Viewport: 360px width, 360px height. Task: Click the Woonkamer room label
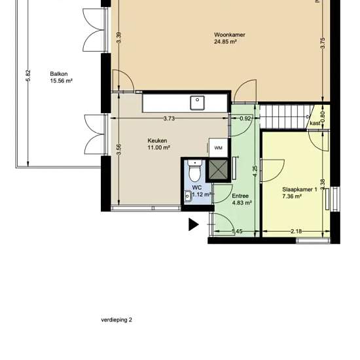tap(230, 35)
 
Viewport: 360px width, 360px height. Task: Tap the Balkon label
tap(59, 74)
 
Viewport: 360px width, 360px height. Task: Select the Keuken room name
tap(157, 141)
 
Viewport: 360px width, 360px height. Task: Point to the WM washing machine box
tap(219, 148)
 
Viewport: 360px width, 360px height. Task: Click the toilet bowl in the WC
tap(194, 171)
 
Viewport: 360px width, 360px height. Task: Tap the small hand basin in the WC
tap(188, 196)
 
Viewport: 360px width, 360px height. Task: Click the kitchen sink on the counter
tap(197, 103)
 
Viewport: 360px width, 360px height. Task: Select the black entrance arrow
tap(194, 225)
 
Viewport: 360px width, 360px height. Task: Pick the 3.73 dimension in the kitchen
tap(169, 118)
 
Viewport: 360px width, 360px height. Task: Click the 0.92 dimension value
tap(245, 118)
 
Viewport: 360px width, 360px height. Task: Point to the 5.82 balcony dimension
tap(28, 75)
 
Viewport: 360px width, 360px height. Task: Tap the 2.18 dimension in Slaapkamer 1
tap(296, 231)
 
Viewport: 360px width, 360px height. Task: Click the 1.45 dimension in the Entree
tap(237, 231)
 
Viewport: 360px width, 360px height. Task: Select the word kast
tap(315, 123)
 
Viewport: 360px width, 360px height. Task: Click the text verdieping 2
tap(117, 320)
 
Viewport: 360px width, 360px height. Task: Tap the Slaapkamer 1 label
tap(300, 190)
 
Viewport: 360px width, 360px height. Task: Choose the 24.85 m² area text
tap(225, 41)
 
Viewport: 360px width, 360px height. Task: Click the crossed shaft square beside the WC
tap(218, 170)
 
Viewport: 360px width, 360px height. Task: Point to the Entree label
tap(240, 196)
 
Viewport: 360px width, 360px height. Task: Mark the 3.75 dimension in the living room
tap(323, 43)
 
